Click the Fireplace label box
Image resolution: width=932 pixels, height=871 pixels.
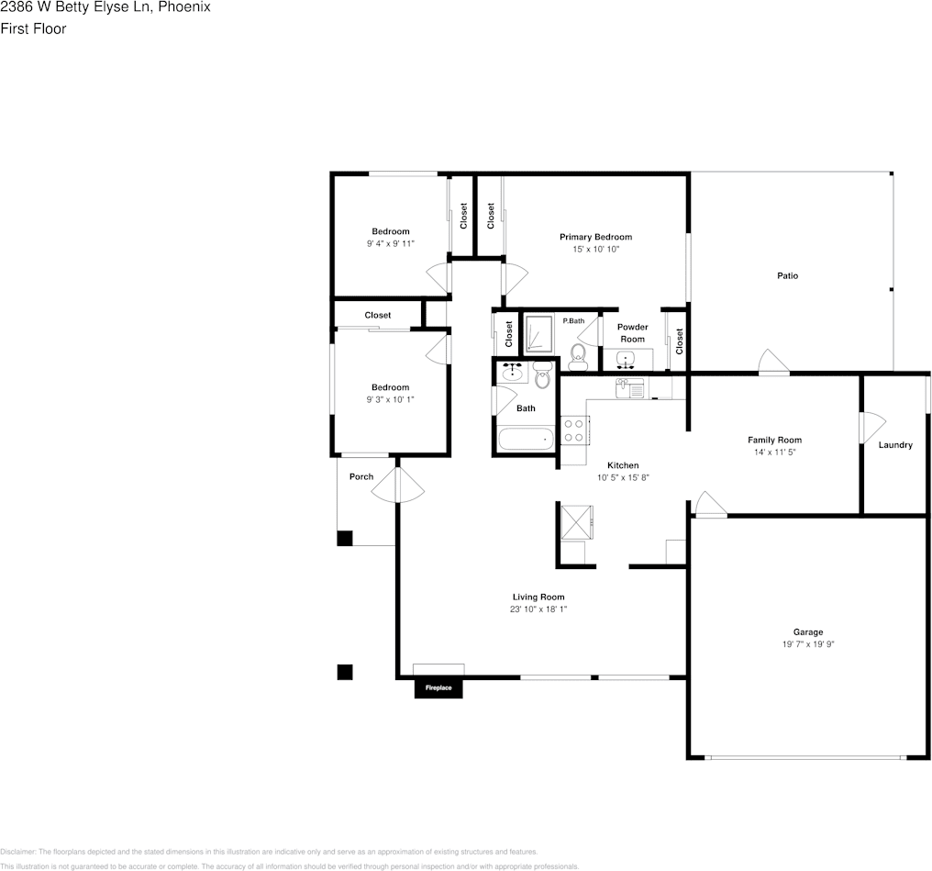(x=438, y=687)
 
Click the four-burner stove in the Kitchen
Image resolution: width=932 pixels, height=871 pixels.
(x=573, y=430)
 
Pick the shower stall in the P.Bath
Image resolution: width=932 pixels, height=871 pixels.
(x=538, y=334)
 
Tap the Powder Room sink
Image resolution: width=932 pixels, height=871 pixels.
(x=627, y=359)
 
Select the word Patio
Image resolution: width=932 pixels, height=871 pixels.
(x=787, y=275)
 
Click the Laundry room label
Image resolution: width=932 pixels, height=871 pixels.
(x=895, y=445)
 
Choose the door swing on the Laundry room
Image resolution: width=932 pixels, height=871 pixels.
(x=871, y=428)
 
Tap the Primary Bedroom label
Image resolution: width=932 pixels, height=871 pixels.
(x=595, y=237)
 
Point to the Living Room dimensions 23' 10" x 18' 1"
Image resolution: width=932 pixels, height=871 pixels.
(x=538, y=609)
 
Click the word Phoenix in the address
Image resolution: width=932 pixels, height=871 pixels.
(x=184, y=7)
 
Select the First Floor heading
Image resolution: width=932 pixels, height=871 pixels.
(x=33, y=28)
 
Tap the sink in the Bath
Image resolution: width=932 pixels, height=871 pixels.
(x=512, y=373)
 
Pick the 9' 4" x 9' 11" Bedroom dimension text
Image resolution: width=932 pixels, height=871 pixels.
(x=390, y=244)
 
